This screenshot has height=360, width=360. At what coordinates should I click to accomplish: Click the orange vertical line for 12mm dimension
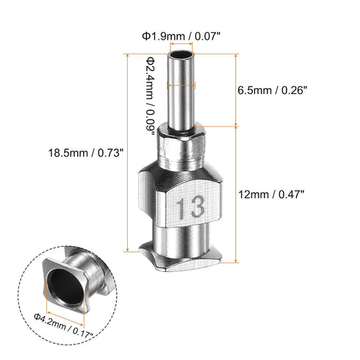point(236,194)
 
